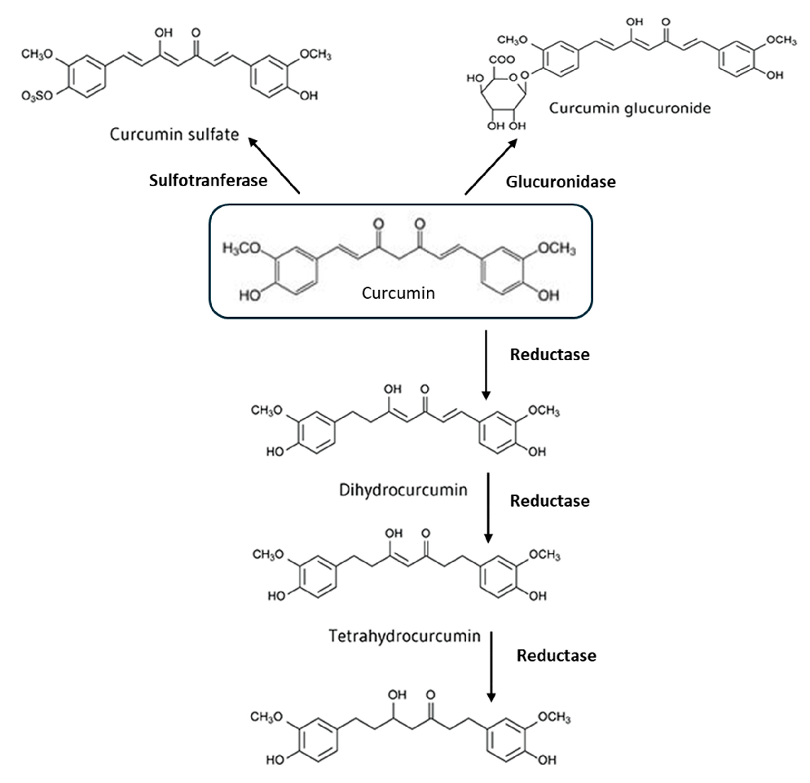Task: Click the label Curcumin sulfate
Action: [176, 133]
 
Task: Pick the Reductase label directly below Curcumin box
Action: [548, 355]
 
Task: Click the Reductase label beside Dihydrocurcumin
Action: [548, 501]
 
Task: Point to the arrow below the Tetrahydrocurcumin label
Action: [491, 663]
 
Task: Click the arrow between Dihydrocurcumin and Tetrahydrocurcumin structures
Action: [487, 508]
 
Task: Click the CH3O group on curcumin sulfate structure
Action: [37, 54]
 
